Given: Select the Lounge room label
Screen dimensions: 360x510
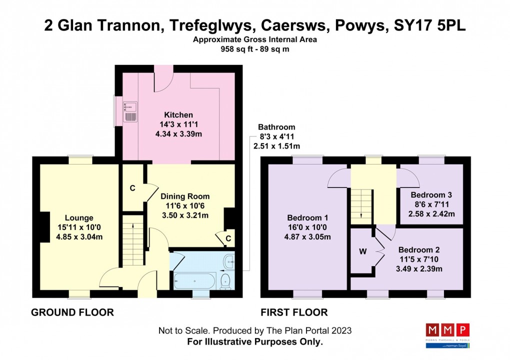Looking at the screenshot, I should click(x=79, y=218).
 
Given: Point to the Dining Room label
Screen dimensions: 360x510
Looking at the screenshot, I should click(x=184, y=196).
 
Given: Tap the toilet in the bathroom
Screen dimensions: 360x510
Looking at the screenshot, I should click(x=225, y=280).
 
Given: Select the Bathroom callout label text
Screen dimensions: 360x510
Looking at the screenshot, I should click(x=276, y=127).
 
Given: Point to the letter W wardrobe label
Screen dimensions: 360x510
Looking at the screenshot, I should click(x=362, y=251).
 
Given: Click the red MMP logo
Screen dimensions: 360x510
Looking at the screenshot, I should click(x=447, y=330).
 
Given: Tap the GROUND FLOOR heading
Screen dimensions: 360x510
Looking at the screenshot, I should click(x=72, y=312).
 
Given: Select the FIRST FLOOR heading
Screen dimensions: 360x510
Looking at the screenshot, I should click(x=294, y=312).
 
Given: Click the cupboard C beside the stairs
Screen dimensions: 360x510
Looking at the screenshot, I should click(x=132, y=188).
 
